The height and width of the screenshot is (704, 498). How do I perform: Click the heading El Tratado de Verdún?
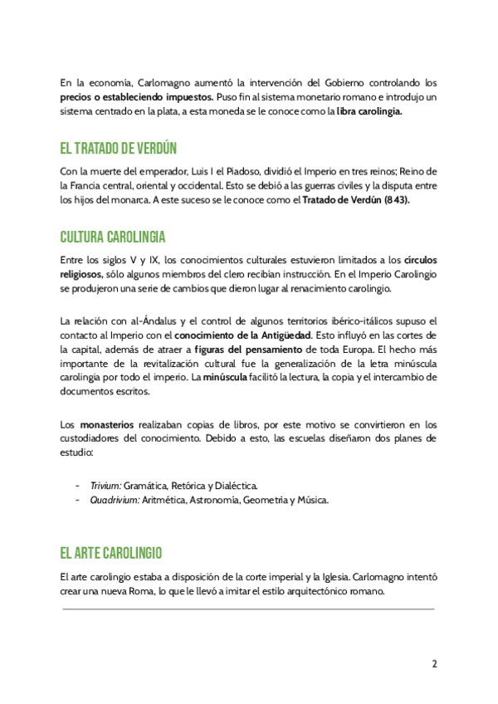119,149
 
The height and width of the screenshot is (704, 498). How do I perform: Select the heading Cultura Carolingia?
113,236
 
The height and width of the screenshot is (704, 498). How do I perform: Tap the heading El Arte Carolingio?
110,553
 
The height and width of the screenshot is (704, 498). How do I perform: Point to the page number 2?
434,664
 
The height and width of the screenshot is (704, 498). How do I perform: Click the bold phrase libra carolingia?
369,112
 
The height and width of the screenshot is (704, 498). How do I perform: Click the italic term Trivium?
105,485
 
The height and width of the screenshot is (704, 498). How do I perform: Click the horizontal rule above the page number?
249,609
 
